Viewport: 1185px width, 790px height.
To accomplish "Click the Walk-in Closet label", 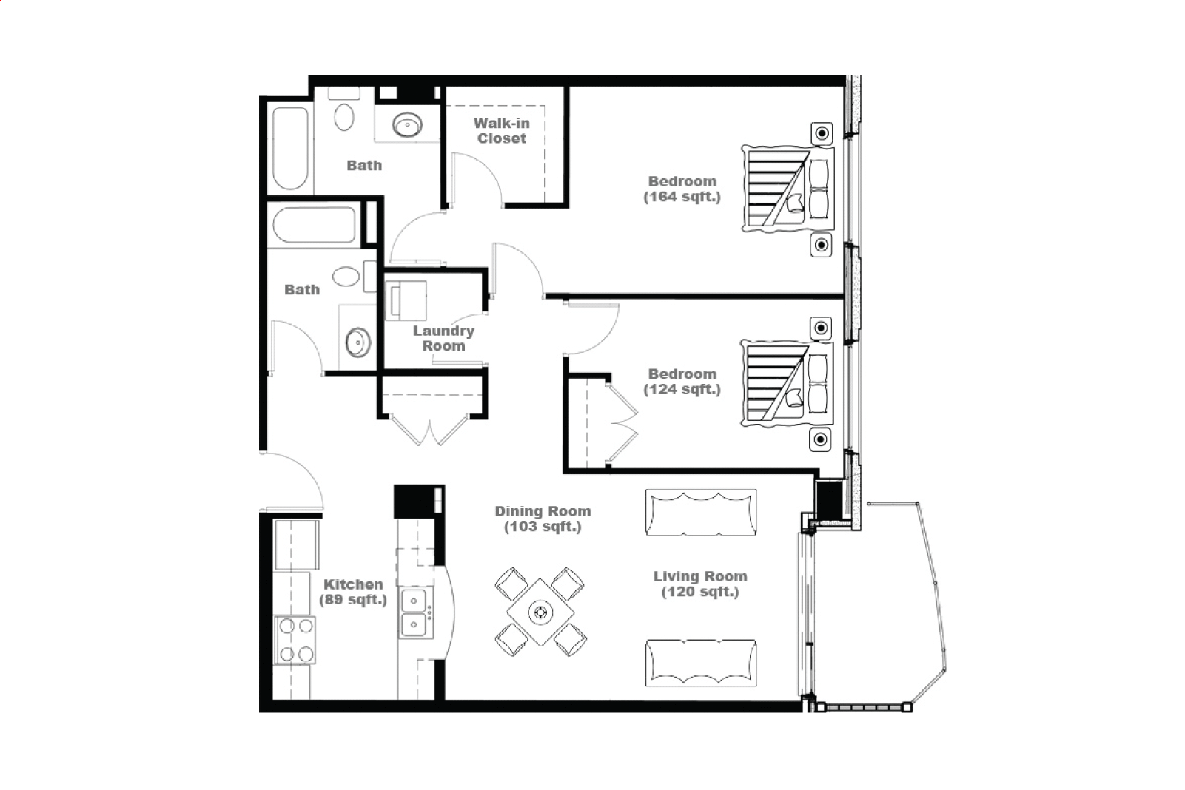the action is coord(502,131).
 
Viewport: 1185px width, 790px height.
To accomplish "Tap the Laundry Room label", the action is coord(443,339).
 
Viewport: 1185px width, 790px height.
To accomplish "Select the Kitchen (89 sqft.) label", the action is coord(353,592).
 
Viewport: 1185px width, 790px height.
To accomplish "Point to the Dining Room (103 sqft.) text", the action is coord(543,519).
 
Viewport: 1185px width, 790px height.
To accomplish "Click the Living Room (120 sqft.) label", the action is coord(700,584).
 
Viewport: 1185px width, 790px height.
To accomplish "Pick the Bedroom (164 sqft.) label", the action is coord(682,189).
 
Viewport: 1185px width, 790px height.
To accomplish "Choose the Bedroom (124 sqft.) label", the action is coord(682,381).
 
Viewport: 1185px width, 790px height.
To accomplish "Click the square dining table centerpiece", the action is coord(540,612).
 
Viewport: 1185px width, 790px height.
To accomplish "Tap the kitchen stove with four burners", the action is coord(295,640).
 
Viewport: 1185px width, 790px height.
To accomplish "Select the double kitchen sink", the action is coord(415,613).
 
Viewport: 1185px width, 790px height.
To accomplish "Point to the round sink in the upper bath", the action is coord(407,125).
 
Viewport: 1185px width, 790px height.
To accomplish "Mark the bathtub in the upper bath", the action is coord(290,148).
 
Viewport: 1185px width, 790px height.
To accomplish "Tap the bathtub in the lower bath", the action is coord(315,224).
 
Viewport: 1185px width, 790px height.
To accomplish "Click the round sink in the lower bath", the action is coord(358,342).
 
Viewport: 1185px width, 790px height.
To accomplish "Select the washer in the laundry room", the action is coord(406,300).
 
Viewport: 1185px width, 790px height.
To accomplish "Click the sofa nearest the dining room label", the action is coord(701,513).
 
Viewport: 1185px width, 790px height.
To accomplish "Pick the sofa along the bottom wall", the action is coord(701,663).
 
